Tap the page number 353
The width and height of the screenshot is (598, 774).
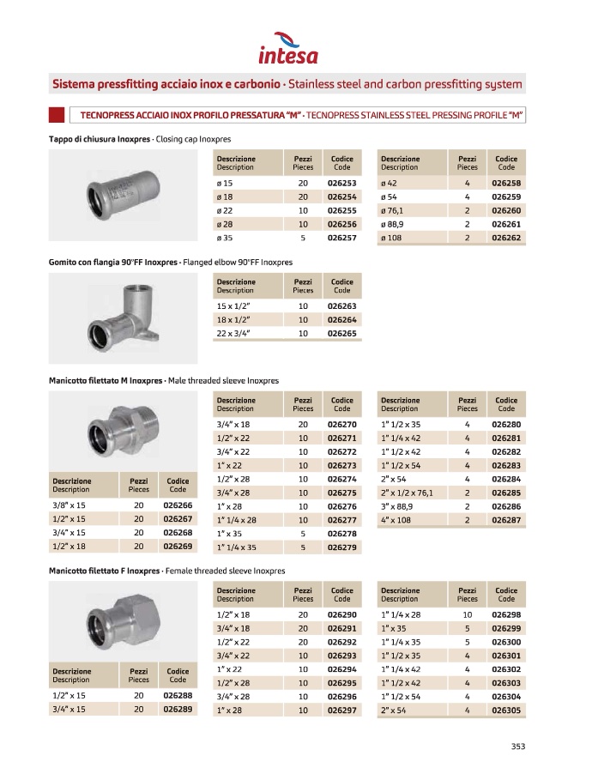[517, 746]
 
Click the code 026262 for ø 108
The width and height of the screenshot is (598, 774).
[506, 238]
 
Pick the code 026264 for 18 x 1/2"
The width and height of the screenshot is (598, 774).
[341, 319]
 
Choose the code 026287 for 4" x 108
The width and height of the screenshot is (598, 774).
[506, 520]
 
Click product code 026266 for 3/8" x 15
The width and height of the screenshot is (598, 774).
[178, 505]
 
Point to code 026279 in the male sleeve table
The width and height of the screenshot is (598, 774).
[341, 547]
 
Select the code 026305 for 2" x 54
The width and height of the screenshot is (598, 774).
[506, 711]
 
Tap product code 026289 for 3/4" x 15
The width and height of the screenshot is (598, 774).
[178, 711]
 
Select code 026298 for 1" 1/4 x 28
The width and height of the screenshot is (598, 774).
[506, 615]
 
